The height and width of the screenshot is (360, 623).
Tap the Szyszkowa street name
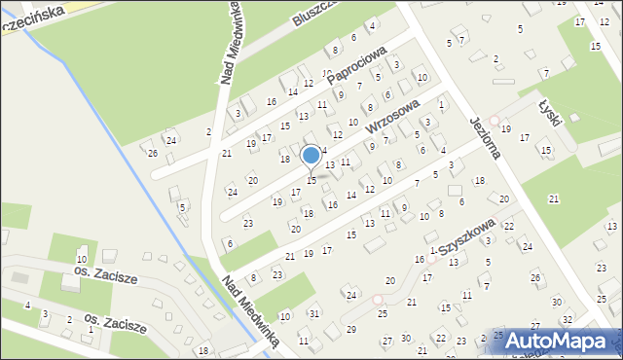click(466, 236)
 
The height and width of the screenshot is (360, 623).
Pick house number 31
click(314, 312)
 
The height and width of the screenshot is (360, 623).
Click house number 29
click(350, 329)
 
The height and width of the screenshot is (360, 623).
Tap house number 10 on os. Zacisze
click(82, 260)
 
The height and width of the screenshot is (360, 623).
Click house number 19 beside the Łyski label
click(505, 128)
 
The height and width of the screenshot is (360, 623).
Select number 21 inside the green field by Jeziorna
click(553, 198)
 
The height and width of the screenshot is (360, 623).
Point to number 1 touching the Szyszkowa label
click(432, 251)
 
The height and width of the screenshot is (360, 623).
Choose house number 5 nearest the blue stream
click(182, 206)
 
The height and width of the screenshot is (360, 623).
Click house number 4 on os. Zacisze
click(28, 306)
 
